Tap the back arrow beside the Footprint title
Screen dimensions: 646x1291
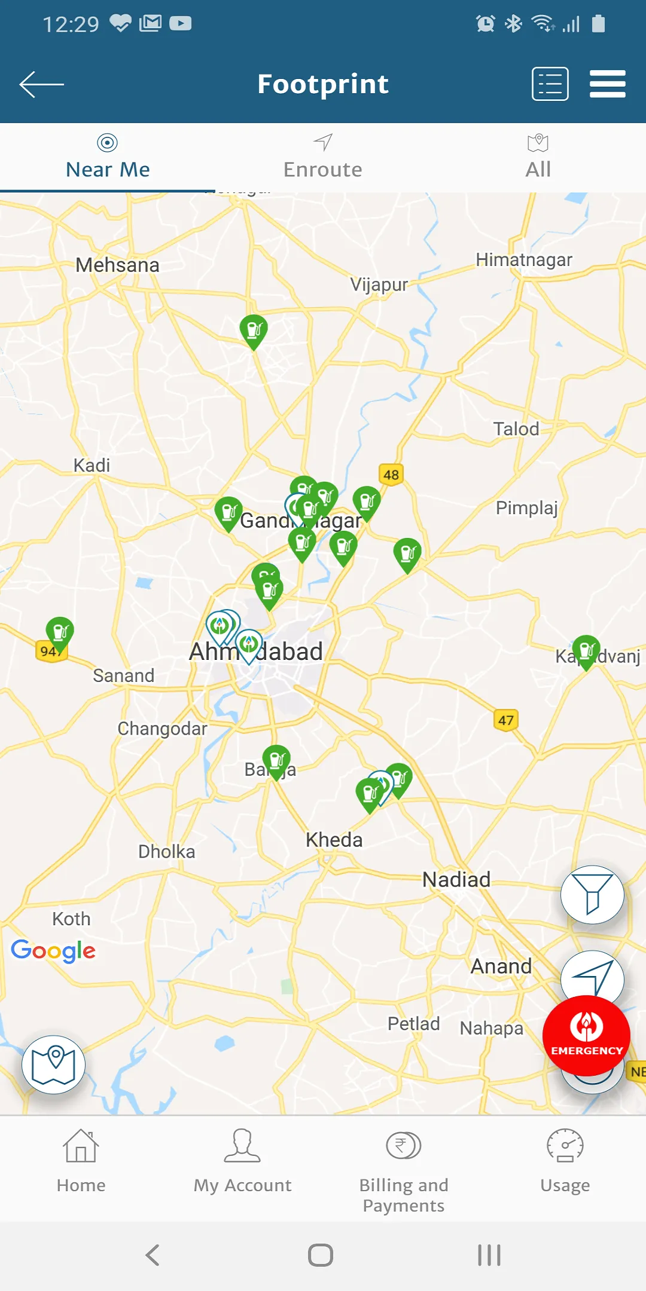pyautogui.click(x=41, y=84)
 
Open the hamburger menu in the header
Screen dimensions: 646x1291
pyautogui.click(x=607, y=84)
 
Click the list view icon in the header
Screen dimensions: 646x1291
pyautogui.click(x=550, y=84)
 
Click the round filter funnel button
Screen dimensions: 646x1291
pyautogui.click(x=592, y=895)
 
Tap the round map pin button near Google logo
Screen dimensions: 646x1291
pyautogui.click(x=54, y=1064)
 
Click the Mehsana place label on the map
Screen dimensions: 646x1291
pyautogui.click(x=117, y=265)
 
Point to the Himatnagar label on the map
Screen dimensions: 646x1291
pyautogui.click(x=524, y=260)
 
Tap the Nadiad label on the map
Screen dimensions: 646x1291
pyautogui.click(x=456, y=879)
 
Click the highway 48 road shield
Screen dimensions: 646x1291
pyautogui.click(x=391, y=475)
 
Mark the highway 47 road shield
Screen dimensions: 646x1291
pyautogui.click(x=506, y=720)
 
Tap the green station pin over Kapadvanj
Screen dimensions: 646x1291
pyautogui.click(x=586, y=650)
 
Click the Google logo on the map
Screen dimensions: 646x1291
pyautogui.click(x=53, y=950)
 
